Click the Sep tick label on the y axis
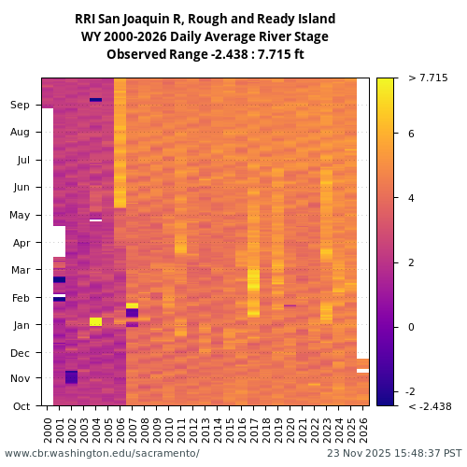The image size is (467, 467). pyautogui.click(x=20, y=106)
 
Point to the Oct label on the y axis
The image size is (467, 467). pyautogui.click(x=20, y=406)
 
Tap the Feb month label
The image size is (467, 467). pyautogui.click(x=20, y=298)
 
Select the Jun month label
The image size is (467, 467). pyautogui.click(x=20, y=188)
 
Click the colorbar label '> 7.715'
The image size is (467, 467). pyautogui.click(x=428, y=78)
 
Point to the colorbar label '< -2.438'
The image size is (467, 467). pyautogui.click(x=430, y=406)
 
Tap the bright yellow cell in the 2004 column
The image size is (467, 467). pyautogui.click(x=95, y=321)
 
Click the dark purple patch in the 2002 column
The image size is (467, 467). pyautogui.click(x=71, y=377)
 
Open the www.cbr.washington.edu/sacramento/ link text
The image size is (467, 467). pyautogui.click(x=102, y=454)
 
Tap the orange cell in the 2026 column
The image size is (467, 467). pyautogui.click(x=362, y=363)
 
